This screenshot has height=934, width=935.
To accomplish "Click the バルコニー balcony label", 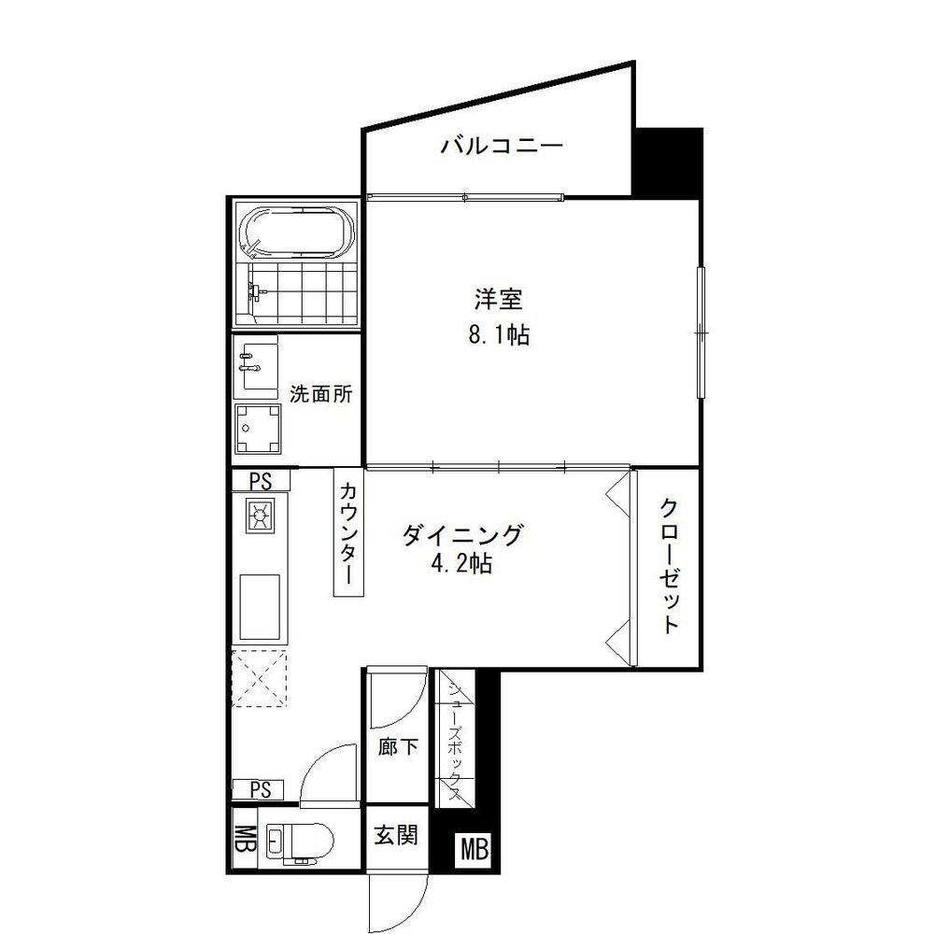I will coord(502,146).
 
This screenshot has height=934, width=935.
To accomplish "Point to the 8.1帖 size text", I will coord(498,334).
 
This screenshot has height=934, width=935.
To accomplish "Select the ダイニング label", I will coord(460,535).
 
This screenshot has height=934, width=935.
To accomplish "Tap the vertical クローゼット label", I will coord(669,566).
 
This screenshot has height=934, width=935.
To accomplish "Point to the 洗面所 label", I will coord(320,393).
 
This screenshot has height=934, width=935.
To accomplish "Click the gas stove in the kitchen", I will coord(259,515).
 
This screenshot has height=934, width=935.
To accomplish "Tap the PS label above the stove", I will coord(261,481).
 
